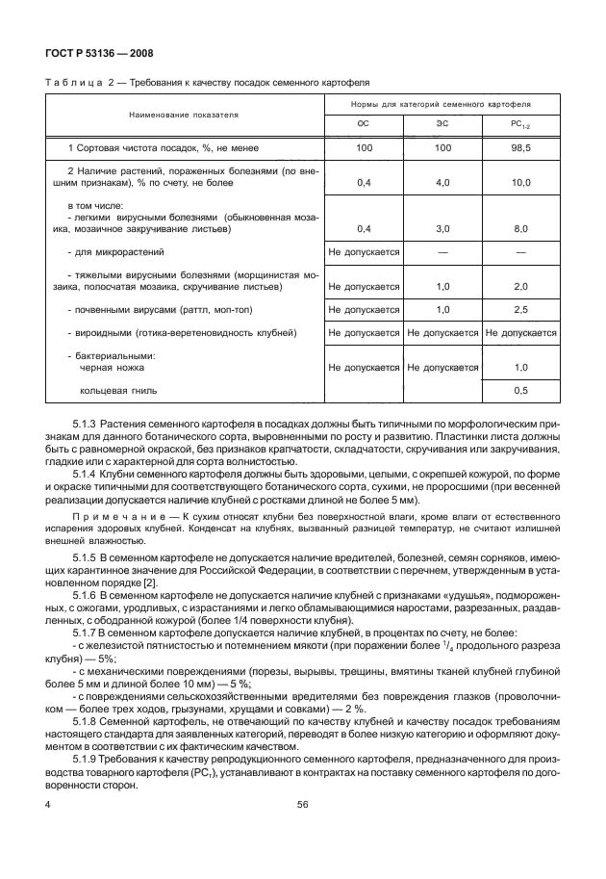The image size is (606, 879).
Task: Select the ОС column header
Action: tap(364, 123)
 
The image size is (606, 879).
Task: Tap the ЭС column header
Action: tap(442, 123)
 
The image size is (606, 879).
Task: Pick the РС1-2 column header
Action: tap(520, 124)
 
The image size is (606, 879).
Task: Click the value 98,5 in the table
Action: tap(520, 148)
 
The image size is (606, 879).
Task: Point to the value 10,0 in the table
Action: tap(520, 181)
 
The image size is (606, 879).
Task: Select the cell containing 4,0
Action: tap(442, 181)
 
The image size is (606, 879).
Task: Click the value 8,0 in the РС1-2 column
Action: tap(520, 229)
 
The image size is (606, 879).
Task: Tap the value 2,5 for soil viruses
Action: tap(520, 310)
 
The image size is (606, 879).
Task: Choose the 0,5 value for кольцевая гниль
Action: tap(520, 391)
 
